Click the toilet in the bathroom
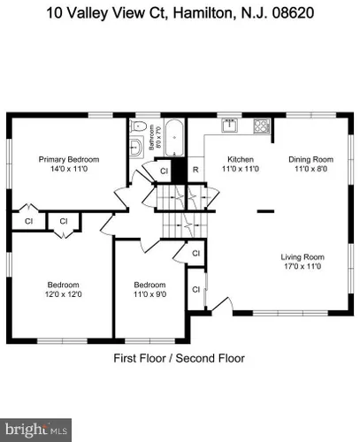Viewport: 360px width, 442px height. click(x=139, y=126)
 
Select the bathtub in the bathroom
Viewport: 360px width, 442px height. click(x=174, y=138)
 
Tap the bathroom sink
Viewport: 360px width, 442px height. click(x=136, y=146)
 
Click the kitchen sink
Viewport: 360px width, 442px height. click(x=230, y=125)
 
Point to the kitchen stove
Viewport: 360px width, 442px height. click(x=262, y=126)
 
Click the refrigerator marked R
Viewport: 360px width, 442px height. click(x=195, y=170)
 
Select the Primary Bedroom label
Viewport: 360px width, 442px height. click(x=69, y=159)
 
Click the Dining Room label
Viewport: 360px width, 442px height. click(x=311, y=159)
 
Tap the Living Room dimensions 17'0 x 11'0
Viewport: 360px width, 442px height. click(x=303, y=266)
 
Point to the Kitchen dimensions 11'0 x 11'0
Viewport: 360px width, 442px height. click(x=241, y=169)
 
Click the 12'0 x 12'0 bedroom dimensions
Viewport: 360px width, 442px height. click(x=64, y=294)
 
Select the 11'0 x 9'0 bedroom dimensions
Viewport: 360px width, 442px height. click(x=149, y=294)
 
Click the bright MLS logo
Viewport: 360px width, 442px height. click(x=35, y=430)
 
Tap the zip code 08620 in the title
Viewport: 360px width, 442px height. click(x=293, y=13)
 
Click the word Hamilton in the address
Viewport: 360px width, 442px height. click(x=204, y=13)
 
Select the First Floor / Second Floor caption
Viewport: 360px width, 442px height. click(x=180, y=358)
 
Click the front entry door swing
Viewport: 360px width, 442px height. click(x=223, y=304)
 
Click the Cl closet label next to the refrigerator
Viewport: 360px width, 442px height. click(x=164, y=171)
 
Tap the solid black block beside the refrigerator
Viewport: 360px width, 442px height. click(x=180, y=170)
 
